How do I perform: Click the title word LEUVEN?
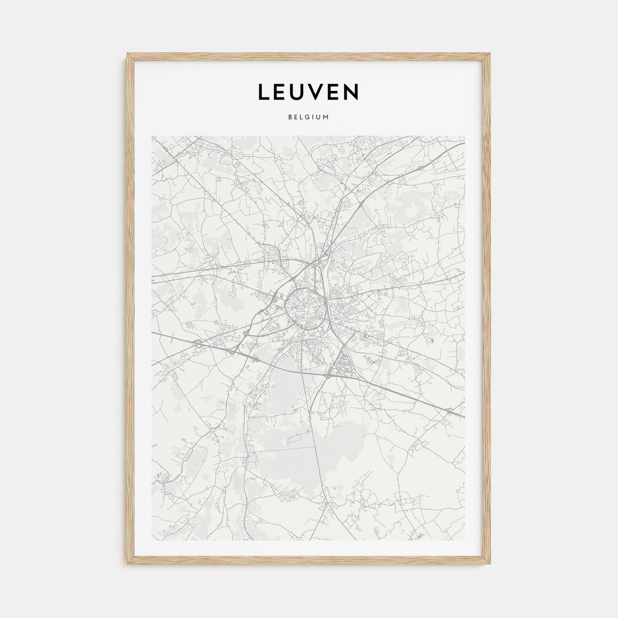(x=308, y=92)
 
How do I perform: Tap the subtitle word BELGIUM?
(x=308, y=117)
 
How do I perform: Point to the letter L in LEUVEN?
(x=263, y=92)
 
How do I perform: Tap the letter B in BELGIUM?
(x=290, y=117)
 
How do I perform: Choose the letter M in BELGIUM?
(x=326, y=117)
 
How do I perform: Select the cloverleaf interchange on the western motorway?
(x=199, y=343)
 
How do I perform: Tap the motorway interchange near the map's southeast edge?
(x=449, y=411)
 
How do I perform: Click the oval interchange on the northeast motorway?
(x=420, y=168)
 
